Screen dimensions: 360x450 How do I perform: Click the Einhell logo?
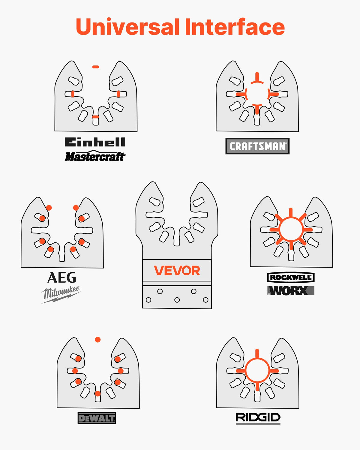click(95, 142)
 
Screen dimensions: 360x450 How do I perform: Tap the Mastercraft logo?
click(95, 156)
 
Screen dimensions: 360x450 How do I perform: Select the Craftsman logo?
click(257, 146)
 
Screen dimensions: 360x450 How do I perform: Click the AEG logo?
click(62, 277)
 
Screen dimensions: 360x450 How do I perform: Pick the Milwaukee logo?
click(61, 294)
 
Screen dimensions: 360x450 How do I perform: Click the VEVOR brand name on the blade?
click(177, 270)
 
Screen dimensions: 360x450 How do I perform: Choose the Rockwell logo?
click(291, 277)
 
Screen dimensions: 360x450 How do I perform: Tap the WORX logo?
click(291, 291)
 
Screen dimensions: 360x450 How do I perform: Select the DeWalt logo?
click(97, 418)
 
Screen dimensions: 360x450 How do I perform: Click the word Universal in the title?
click(128, 27)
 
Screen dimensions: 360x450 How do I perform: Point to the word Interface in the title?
click(235, 27)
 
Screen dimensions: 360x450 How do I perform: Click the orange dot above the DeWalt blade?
click(98, 340)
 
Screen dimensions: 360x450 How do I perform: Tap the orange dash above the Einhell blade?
click(96, 67)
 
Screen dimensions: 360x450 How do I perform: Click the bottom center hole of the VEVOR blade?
click(177, 300)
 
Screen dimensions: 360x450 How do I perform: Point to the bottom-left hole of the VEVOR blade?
click(148, 300)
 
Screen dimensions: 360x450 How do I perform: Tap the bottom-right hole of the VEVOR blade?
click(205, 300)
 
